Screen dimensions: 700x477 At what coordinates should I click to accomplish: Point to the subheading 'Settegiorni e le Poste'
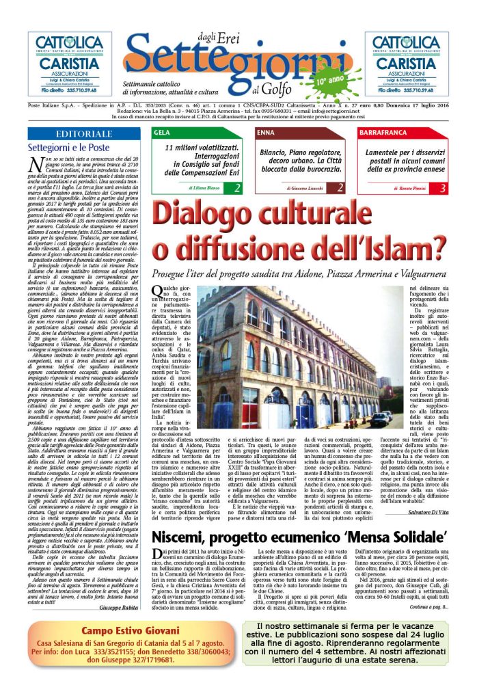(68, 147)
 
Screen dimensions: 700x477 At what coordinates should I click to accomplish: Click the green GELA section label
(163, 132)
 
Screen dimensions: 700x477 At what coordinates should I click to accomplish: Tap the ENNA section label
(266, 132)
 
